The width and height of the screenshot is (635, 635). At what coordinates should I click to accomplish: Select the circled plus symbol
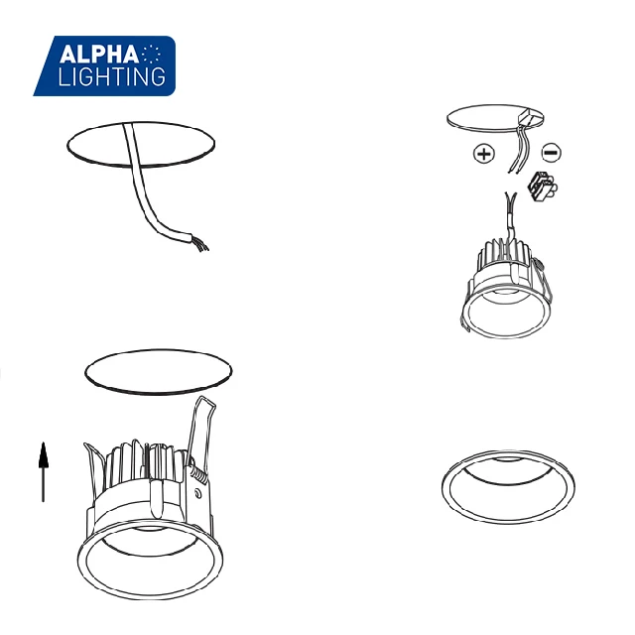click(x=483, y=154)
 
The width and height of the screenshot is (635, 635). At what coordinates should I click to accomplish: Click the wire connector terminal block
click(x=542, y=186)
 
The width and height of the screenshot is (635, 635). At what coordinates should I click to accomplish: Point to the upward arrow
click(x=44, y=471)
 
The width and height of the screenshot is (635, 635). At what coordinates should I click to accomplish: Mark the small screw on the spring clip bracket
click(x=199, y=492)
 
